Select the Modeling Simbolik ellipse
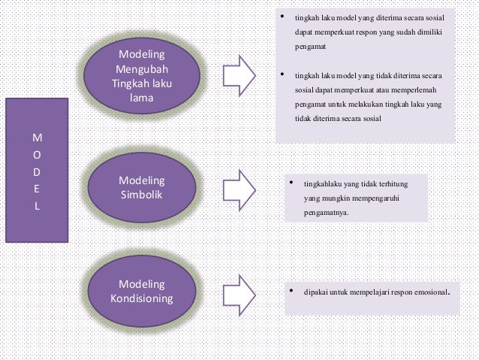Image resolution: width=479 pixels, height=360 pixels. point(142,188)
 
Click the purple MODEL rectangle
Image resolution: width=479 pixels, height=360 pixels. point(38,171)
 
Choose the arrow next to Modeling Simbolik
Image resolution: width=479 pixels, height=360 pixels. point(242,187)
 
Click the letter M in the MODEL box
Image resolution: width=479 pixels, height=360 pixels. point(38,138)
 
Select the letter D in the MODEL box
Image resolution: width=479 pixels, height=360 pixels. point(38,172)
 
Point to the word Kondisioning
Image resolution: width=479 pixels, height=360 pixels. point(142,298)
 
